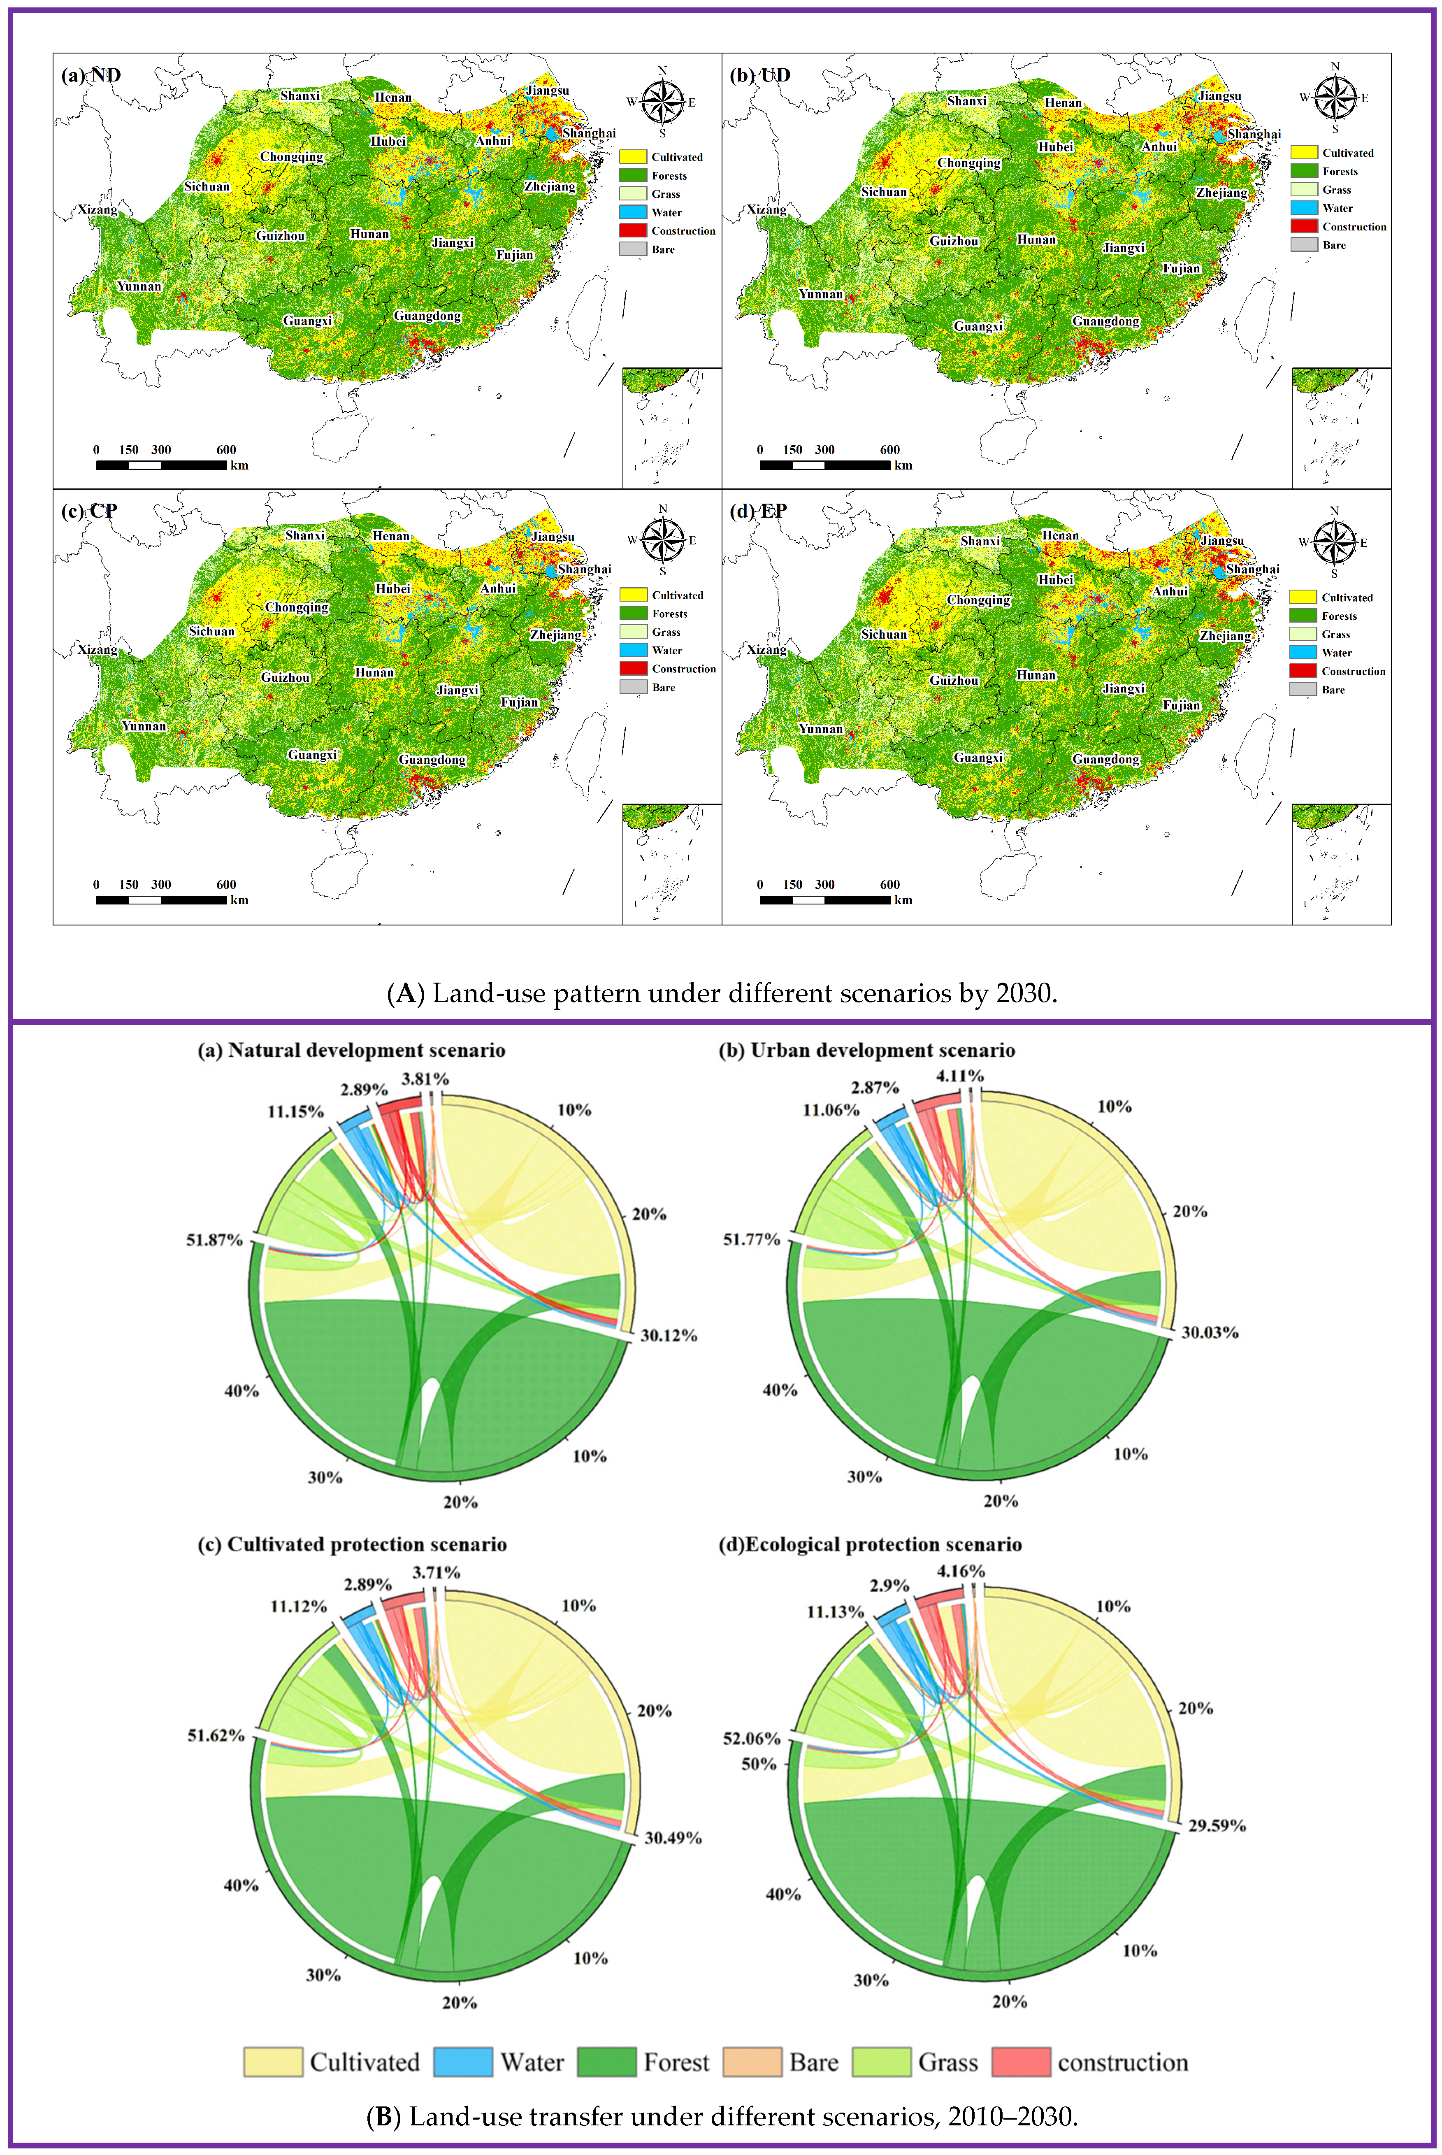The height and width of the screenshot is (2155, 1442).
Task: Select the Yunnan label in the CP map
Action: tap(144, 726)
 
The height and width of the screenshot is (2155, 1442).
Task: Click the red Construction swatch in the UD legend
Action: tap(1304, 226)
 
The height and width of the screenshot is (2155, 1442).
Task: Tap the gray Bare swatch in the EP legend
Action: tap(1303, 690)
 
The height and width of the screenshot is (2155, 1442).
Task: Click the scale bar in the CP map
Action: tap(161, 900)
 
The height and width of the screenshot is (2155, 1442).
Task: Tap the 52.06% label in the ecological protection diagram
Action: tap(751, 1738)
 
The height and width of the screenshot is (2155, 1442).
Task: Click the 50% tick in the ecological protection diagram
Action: tap(759, 1764)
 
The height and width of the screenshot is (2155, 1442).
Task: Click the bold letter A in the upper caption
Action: tap(405, 993)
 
